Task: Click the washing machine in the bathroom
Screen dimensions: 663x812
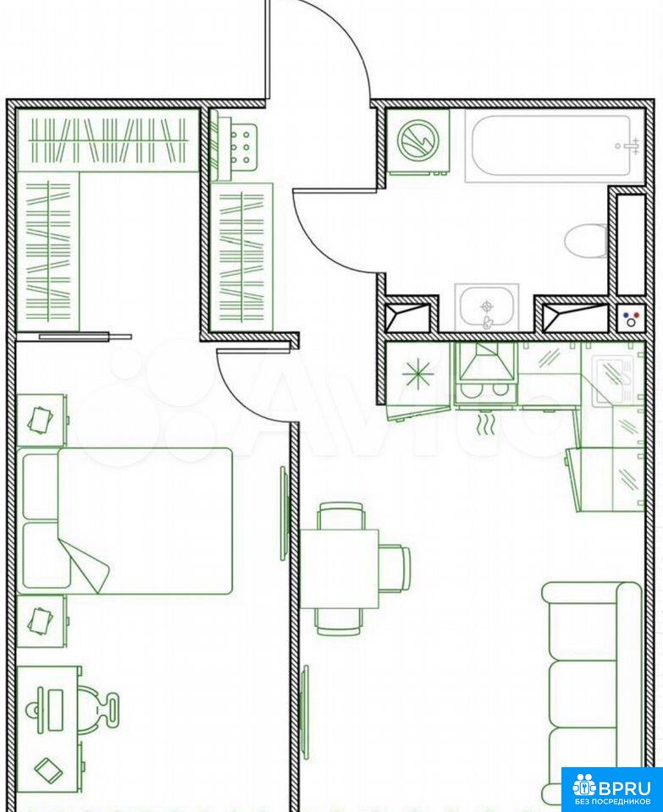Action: [x=418, y=141]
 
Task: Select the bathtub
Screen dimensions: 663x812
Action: [x=551, y=146]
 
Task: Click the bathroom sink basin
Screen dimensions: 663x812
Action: [x=487, y=308]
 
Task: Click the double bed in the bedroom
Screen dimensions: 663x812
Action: [x=124, y=520]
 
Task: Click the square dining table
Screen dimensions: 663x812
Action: [x=340, y=568]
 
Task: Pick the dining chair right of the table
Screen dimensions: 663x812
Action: [x=395, y=568]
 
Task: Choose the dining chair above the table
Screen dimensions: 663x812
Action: [x=341, y=515]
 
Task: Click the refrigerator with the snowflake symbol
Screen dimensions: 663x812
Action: [x=419, y=374]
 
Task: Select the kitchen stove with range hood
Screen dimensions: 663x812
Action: [x=486, y=374]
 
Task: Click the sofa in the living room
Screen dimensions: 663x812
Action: [x=592, y=694]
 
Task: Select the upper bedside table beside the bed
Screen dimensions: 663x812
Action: [x=42, y=420]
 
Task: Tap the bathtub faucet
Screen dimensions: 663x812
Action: [x=629, y=146]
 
